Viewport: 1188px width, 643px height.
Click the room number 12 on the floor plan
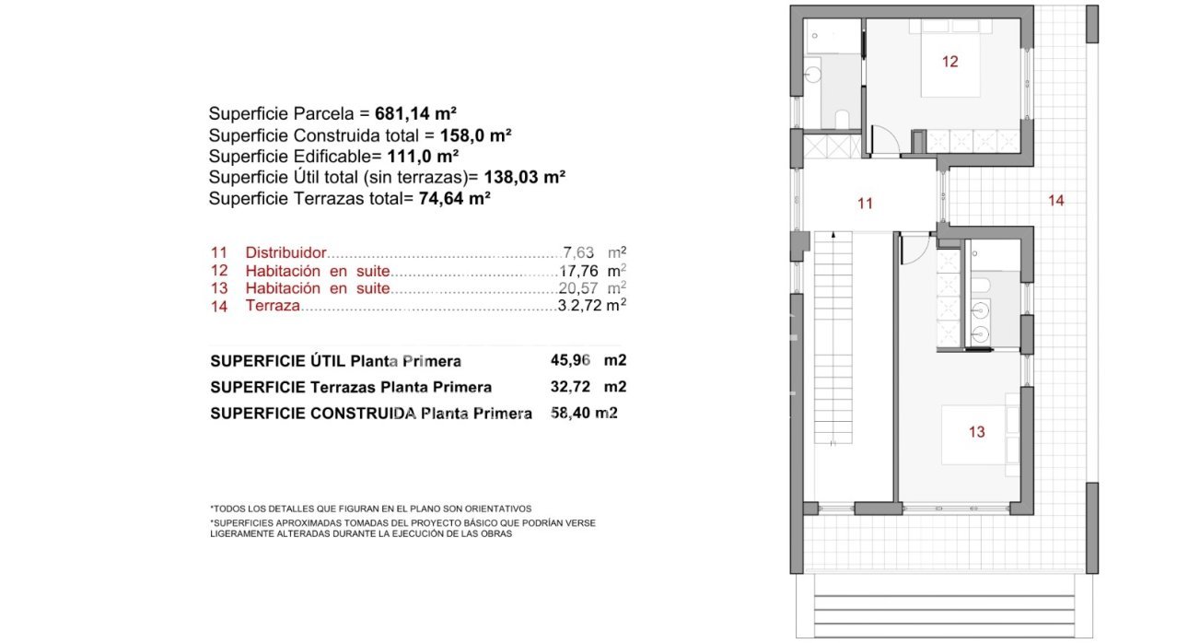pos(949,62)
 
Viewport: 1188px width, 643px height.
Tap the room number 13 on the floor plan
pos(976,431)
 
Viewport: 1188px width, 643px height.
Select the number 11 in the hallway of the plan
pos(864,204)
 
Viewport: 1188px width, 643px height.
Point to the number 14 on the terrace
pos(1055,200)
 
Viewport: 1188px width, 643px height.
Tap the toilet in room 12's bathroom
pos(841,118)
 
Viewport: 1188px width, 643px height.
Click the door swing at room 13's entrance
pos(914,249)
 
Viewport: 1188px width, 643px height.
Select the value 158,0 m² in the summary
pos(475,134)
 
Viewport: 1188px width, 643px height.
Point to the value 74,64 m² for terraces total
pos(453,197)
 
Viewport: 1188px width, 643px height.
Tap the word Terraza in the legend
pos(273,306)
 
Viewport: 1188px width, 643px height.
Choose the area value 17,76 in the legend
pos(579,272)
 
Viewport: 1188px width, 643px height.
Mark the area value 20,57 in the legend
pos(579,288)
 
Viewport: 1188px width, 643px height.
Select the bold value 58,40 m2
pos(583,414)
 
